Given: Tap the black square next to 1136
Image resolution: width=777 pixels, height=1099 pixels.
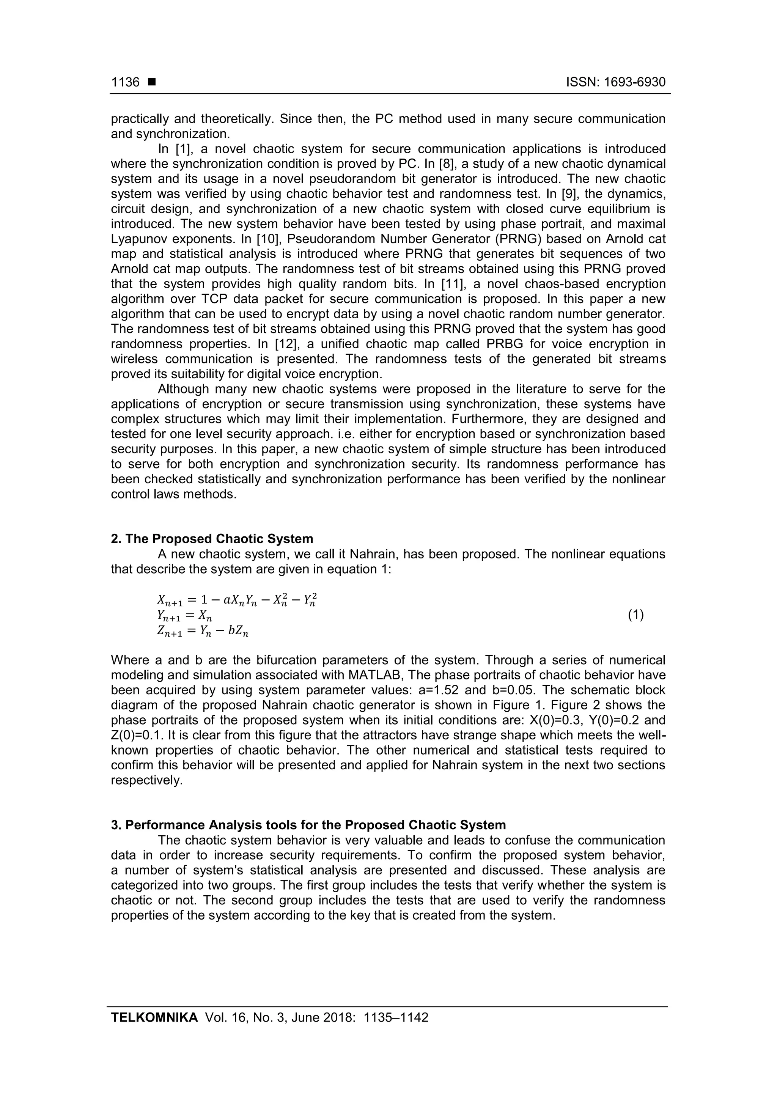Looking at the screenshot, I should [x=152, y=82].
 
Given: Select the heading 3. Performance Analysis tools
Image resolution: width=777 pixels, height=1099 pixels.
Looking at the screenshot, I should [x=308, y=825].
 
